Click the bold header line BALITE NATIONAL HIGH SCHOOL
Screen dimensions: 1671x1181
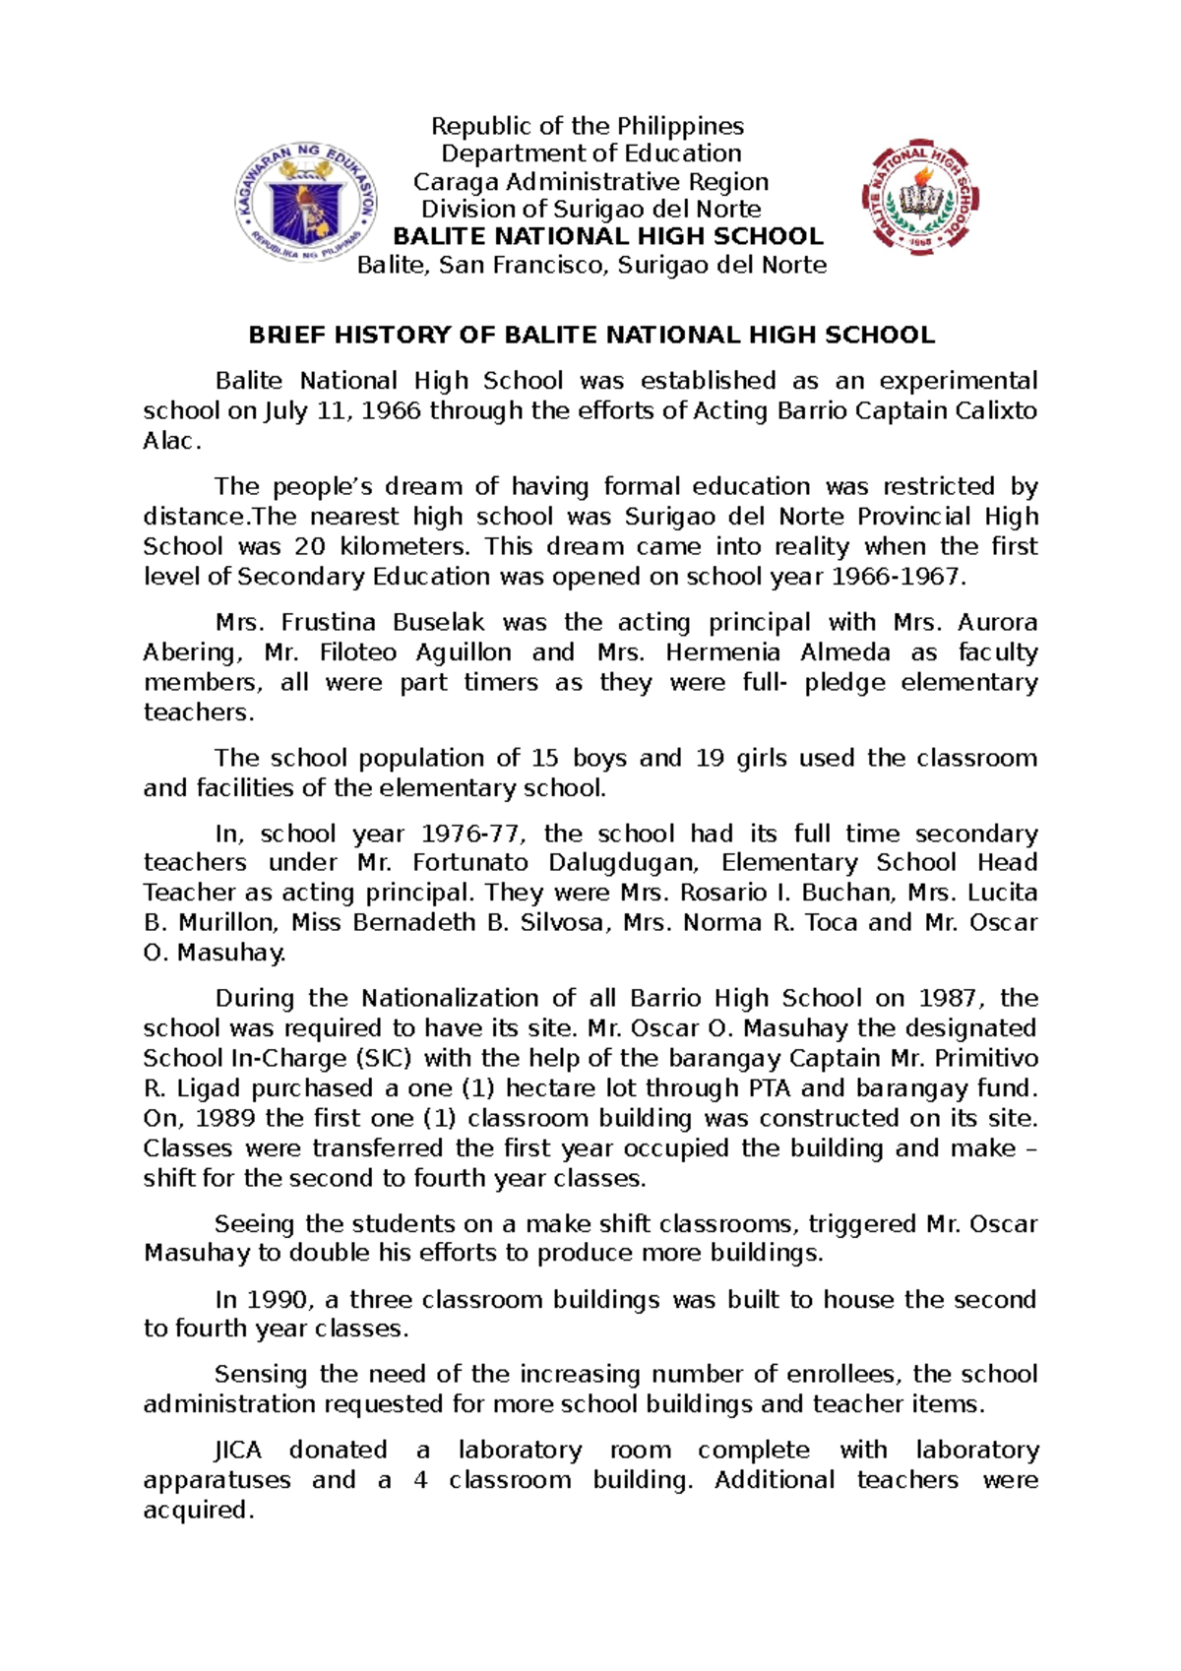[x=607, y=236]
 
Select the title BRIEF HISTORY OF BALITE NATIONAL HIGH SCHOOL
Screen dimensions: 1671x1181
[x=590, y=335]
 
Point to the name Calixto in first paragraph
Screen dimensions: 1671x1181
[x=996, y=410]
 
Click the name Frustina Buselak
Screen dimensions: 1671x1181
[x=383, y=622]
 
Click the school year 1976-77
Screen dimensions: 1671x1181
[x=468, y=834]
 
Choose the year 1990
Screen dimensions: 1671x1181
[x=277, y=1299]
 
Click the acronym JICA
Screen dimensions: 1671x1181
[x=238, y=1450]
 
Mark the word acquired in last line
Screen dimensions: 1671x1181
[x=198, y=1510]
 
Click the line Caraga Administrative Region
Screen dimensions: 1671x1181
[x=590, y=182]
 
